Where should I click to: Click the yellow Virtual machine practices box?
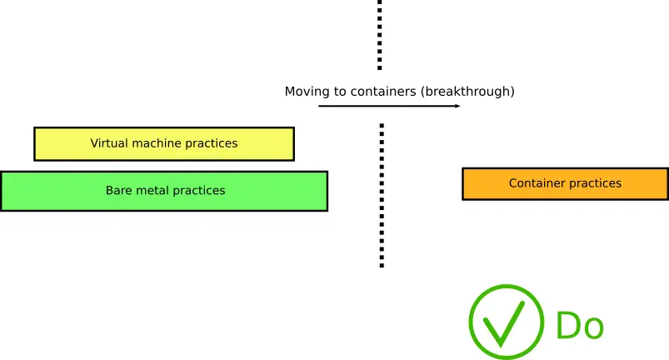(163, 143)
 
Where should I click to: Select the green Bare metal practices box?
(163, 191)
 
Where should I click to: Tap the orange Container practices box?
(565, 183)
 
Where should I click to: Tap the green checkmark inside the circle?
(505, 323)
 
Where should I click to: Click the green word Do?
(579, 326)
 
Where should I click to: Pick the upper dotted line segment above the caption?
(380, 35)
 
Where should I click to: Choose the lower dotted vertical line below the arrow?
(382, 196)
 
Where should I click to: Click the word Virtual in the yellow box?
(109, 143)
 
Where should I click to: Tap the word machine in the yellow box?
(157, 143)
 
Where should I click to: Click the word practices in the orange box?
(595, 184)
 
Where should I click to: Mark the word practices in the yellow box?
(212, 144)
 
